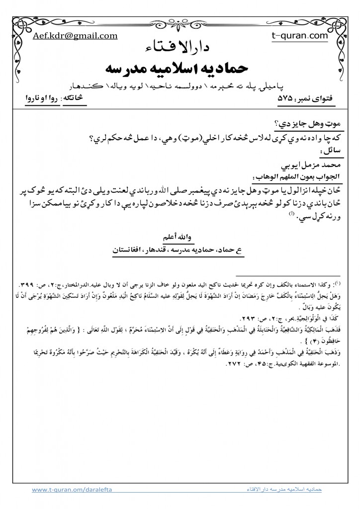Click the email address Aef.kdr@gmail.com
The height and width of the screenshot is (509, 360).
75,36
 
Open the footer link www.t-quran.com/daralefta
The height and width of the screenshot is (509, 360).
72,490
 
